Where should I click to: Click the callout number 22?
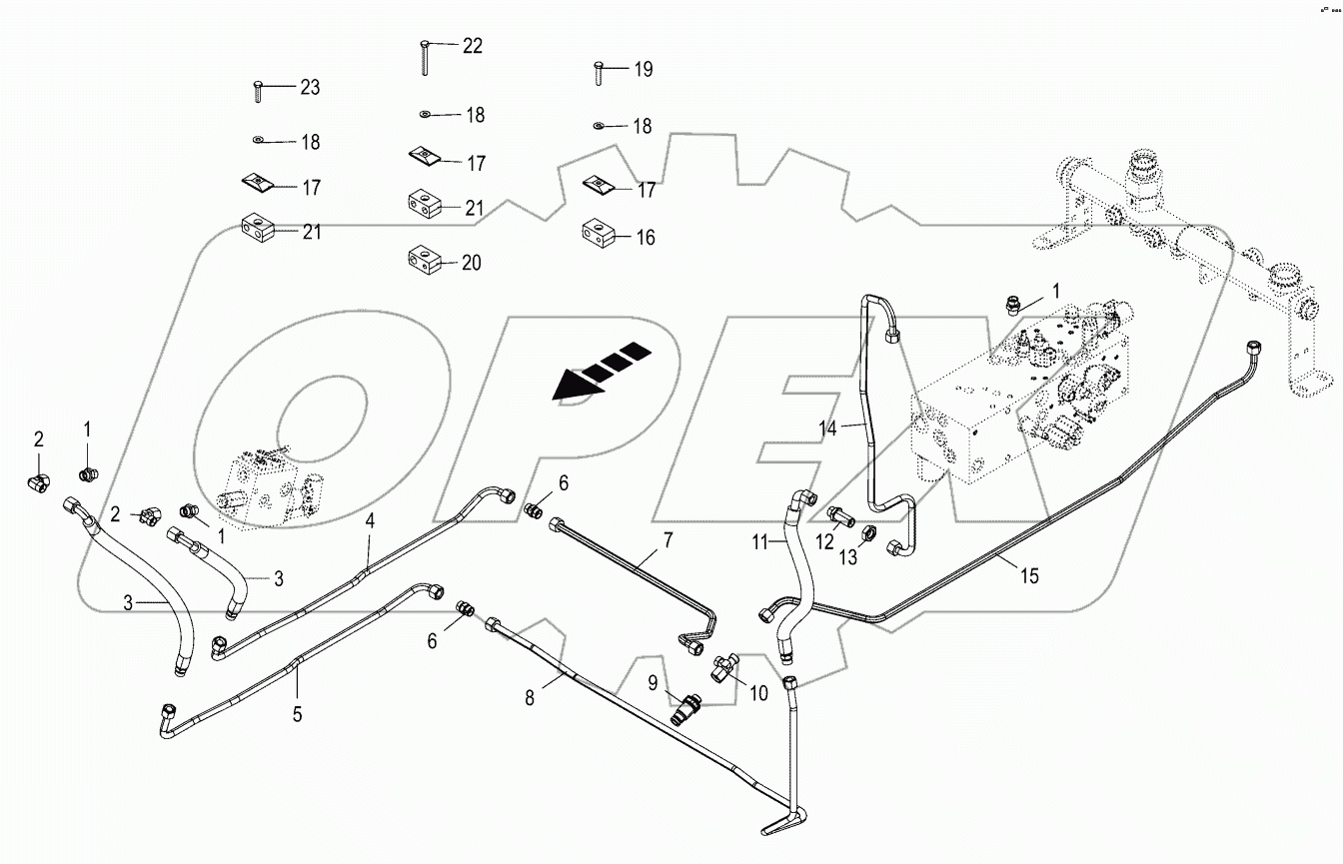click(472, 46)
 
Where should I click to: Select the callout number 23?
click(310, 88)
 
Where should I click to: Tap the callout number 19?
click(643, 69)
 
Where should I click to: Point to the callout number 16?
click(646, 238)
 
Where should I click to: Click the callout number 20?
click(471, 263)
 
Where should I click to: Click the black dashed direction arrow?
click(602, 369)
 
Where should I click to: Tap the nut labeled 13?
click(869, 534)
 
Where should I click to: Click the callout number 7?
click(668, 540)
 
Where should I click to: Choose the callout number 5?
click(298, 714)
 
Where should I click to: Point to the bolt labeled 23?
click(257, 93)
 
